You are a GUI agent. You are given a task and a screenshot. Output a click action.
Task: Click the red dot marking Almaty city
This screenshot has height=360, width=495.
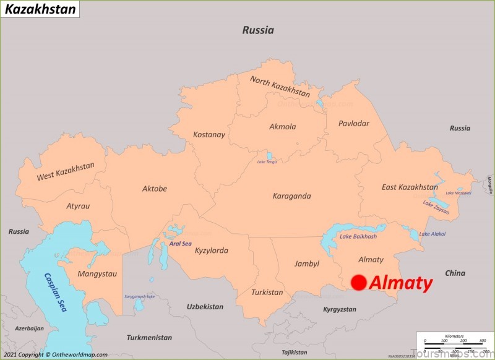[x=358, y=283]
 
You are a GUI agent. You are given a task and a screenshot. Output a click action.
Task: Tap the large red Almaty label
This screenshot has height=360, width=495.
[x=400, y=283]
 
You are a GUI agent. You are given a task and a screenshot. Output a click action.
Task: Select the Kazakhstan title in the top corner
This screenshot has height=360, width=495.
[x=40, y=9]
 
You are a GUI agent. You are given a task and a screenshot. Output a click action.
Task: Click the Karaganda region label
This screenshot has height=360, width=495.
[x=291, y=196]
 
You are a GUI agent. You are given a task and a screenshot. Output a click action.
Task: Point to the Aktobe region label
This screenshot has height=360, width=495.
[x=155, y=189]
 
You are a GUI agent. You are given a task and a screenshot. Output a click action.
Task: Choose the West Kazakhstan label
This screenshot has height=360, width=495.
[x=66, y=171]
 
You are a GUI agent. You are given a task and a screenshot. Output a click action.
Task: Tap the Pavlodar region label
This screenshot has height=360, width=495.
[x=353, y=124]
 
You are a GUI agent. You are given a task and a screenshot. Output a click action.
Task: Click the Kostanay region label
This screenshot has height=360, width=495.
[x=209, y=134]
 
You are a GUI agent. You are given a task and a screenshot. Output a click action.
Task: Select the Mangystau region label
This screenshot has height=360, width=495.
[x=97, y=273]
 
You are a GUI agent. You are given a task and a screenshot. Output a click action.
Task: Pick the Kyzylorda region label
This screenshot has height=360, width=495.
[x=212, y=251]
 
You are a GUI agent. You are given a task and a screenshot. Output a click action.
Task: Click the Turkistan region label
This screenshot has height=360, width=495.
[x=267, y=292]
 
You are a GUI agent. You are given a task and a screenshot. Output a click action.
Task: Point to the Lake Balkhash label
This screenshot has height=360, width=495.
[x=358, y=236]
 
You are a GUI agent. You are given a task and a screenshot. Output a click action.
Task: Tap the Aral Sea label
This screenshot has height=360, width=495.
[x=180, y=244]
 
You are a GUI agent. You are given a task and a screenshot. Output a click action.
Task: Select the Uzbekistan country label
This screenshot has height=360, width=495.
[x=205, y=306]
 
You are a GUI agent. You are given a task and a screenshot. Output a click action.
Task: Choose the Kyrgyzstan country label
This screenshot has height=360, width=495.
[x=340, y=309]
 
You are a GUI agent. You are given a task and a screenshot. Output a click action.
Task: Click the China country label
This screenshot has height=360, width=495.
[x=455, y=273]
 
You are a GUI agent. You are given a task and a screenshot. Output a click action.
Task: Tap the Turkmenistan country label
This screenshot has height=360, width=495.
[x=149, y=338]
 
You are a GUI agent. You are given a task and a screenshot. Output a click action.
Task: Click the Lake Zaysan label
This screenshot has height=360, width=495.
[x=437, y=205]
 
